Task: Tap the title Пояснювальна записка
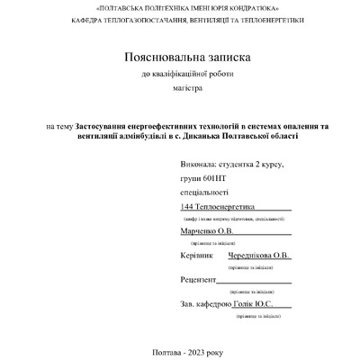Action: (x=180, y=58)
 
